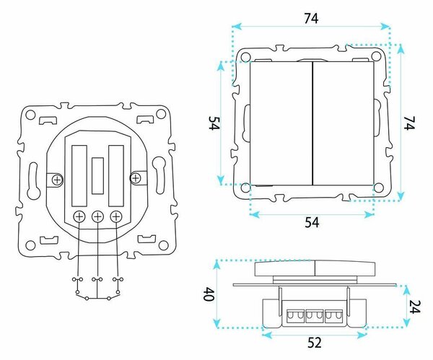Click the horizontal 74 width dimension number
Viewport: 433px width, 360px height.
pos(311,18)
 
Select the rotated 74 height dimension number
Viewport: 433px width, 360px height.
pos(409,123)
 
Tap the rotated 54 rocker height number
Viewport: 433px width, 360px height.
pos(214,123)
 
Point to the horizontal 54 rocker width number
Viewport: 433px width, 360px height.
pos(312,222)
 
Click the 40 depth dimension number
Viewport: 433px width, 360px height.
pos(209,294)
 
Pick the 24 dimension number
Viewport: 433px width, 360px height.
pos(415,307)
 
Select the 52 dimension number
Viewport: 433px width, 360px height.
pos(315,343)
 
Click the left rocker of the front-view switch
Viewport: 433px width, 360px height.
pos(281,123)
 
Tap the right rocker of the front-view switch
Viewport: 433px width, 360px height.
pos(344,123)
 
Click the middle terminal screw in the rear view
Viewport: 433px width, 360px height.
pos(97,216)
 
